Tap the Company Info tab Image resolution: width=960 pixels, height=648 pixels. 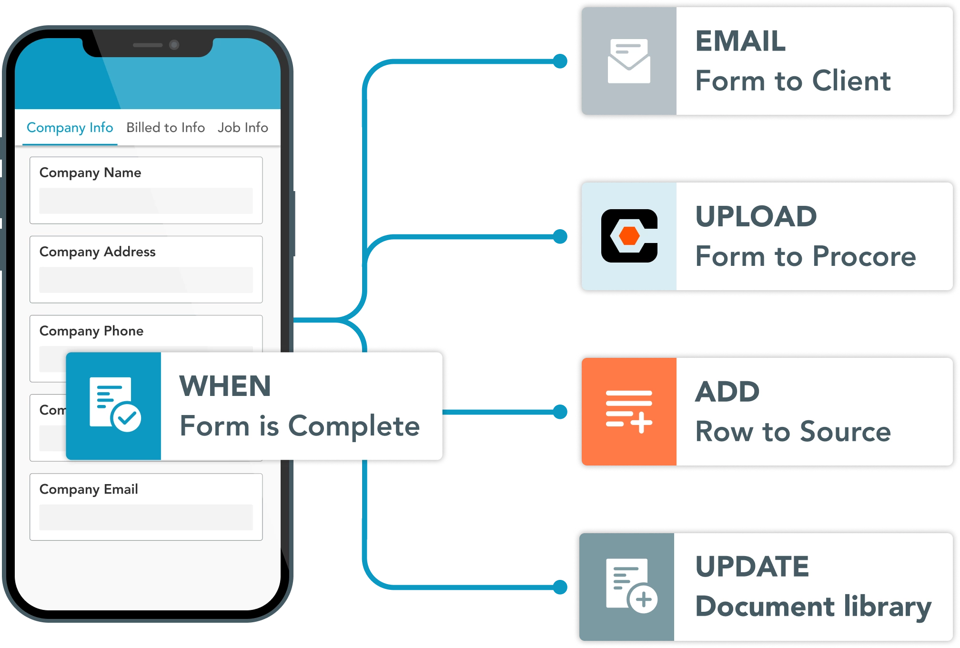(x=70, y=128)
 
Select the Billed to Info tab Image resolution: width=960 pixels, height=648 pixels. (x=165, y=128)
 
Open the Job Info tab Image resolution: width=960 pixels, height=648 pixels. (x=243, y=128)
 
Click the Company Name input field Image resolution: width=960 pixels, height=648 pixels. (x=146, y=201)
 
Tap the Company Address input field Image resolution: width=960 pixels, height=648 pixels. (x=146, y=280)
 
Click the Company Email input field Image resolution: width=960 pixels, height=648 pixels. (x=146, y=517)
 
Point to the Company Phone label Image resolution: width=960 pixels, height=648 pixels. (x=91, y=331)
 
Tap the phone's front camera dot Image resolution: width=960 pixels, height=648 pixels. (x=174, y=45)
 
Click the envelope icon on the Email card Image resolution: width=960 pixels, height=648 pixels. (x=629, y=61)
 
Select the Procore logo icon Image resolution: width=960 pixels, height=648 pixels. (x=629, y=236)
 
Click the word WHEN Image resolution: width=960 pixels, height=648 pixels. (x=225, y=386)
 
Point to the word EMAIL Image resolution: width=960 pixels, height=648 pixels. (x=741, y=41)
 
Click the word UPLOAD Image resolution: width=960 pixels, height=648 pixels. (x=756, y=216)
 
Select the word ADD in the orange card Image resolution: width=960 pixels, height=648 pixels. (x=728, y=392)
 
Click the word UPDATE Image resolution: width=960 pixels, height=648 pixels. (x=752, y=567)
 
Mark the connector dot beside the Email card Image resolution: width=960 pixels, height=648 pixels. (x=560, y=61)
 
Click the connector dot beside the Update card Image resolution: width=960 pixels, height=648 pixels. (x=560, y=587)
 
